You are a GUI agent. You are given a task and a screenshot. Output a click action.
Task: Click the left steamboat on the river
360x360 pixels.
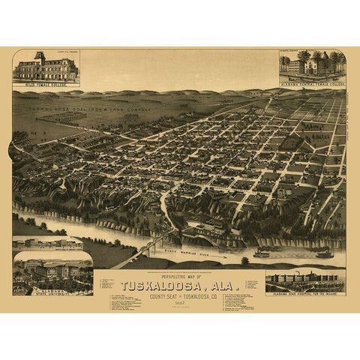click(261, 253)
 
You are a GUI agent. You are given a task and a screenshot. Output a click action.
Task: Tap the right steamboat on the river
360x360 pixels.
click(324, 253)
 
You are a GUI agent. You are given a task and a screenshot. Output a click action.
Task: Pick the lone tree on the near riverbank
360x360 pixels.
click(244, 260)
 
